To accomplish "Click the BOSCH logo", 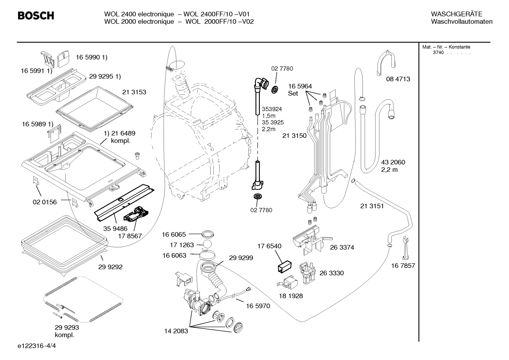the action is tap(36, 16).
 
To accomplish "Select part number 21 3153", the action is tap(134, 92).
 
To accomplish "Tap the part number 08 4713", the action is tap(398, 79).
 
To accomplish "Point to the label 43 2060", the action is tap(393, 162).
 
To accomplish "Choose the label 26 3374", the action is tap(342, 247).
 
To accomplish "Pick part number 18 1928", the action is tap(291, 296).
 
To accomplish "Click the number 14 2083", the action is tap(176, 331).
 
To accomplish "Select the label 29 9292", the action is tap(110, 267).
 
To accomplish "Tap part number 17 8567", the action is tap(130, 236).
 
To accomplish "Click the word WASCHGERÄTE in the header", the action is tap(456, 14).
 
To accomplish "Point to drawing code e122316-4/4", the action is tap(37, 346).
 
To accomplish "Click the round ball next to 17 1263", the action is tap(207, 244).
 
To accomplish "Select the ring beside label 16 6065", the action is tap(208, 234).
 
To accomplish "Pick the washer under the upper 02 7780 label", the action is tap(275, 90).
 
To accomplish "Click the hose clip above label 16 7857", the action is tap(405, 248).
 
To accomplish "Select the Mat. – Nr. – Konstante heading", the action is tap(446, 47).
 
